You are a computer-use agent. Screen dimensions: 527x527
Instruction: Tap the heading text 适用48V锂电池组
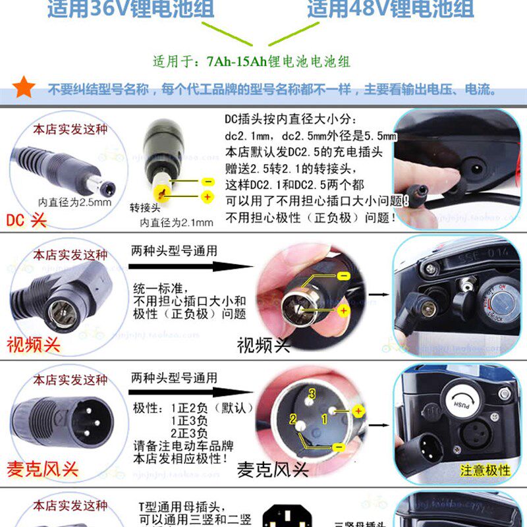(390, 9)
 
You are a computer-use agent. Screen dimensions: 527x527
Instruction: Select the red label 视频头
(33, 344)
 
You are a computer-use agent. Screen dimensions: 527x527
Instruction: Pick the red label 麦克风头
(42, 469)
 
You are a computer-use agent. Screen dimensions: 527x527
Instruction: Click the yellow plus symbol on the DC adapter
(208, 196)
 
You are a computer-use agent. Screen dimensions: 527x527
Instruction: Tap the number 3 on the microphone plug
(313, 393)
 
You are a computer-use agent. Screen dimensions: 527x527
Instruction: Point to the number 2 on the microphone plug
(291, 419)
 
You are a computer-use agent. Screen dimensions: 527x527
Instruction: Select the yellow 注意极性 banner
(485, 470)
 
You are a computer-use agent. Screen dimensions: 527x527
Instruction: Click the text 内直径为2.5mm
(74, 202)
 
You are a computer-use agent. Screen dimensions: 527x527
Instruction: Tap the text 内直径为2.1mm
(177, 222)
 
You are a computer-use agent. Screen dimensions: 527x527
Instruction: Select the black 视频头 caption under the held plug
(263, 344)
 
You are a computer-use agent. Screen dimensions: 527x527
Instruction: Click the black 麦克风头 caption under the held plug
(273, 469)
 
